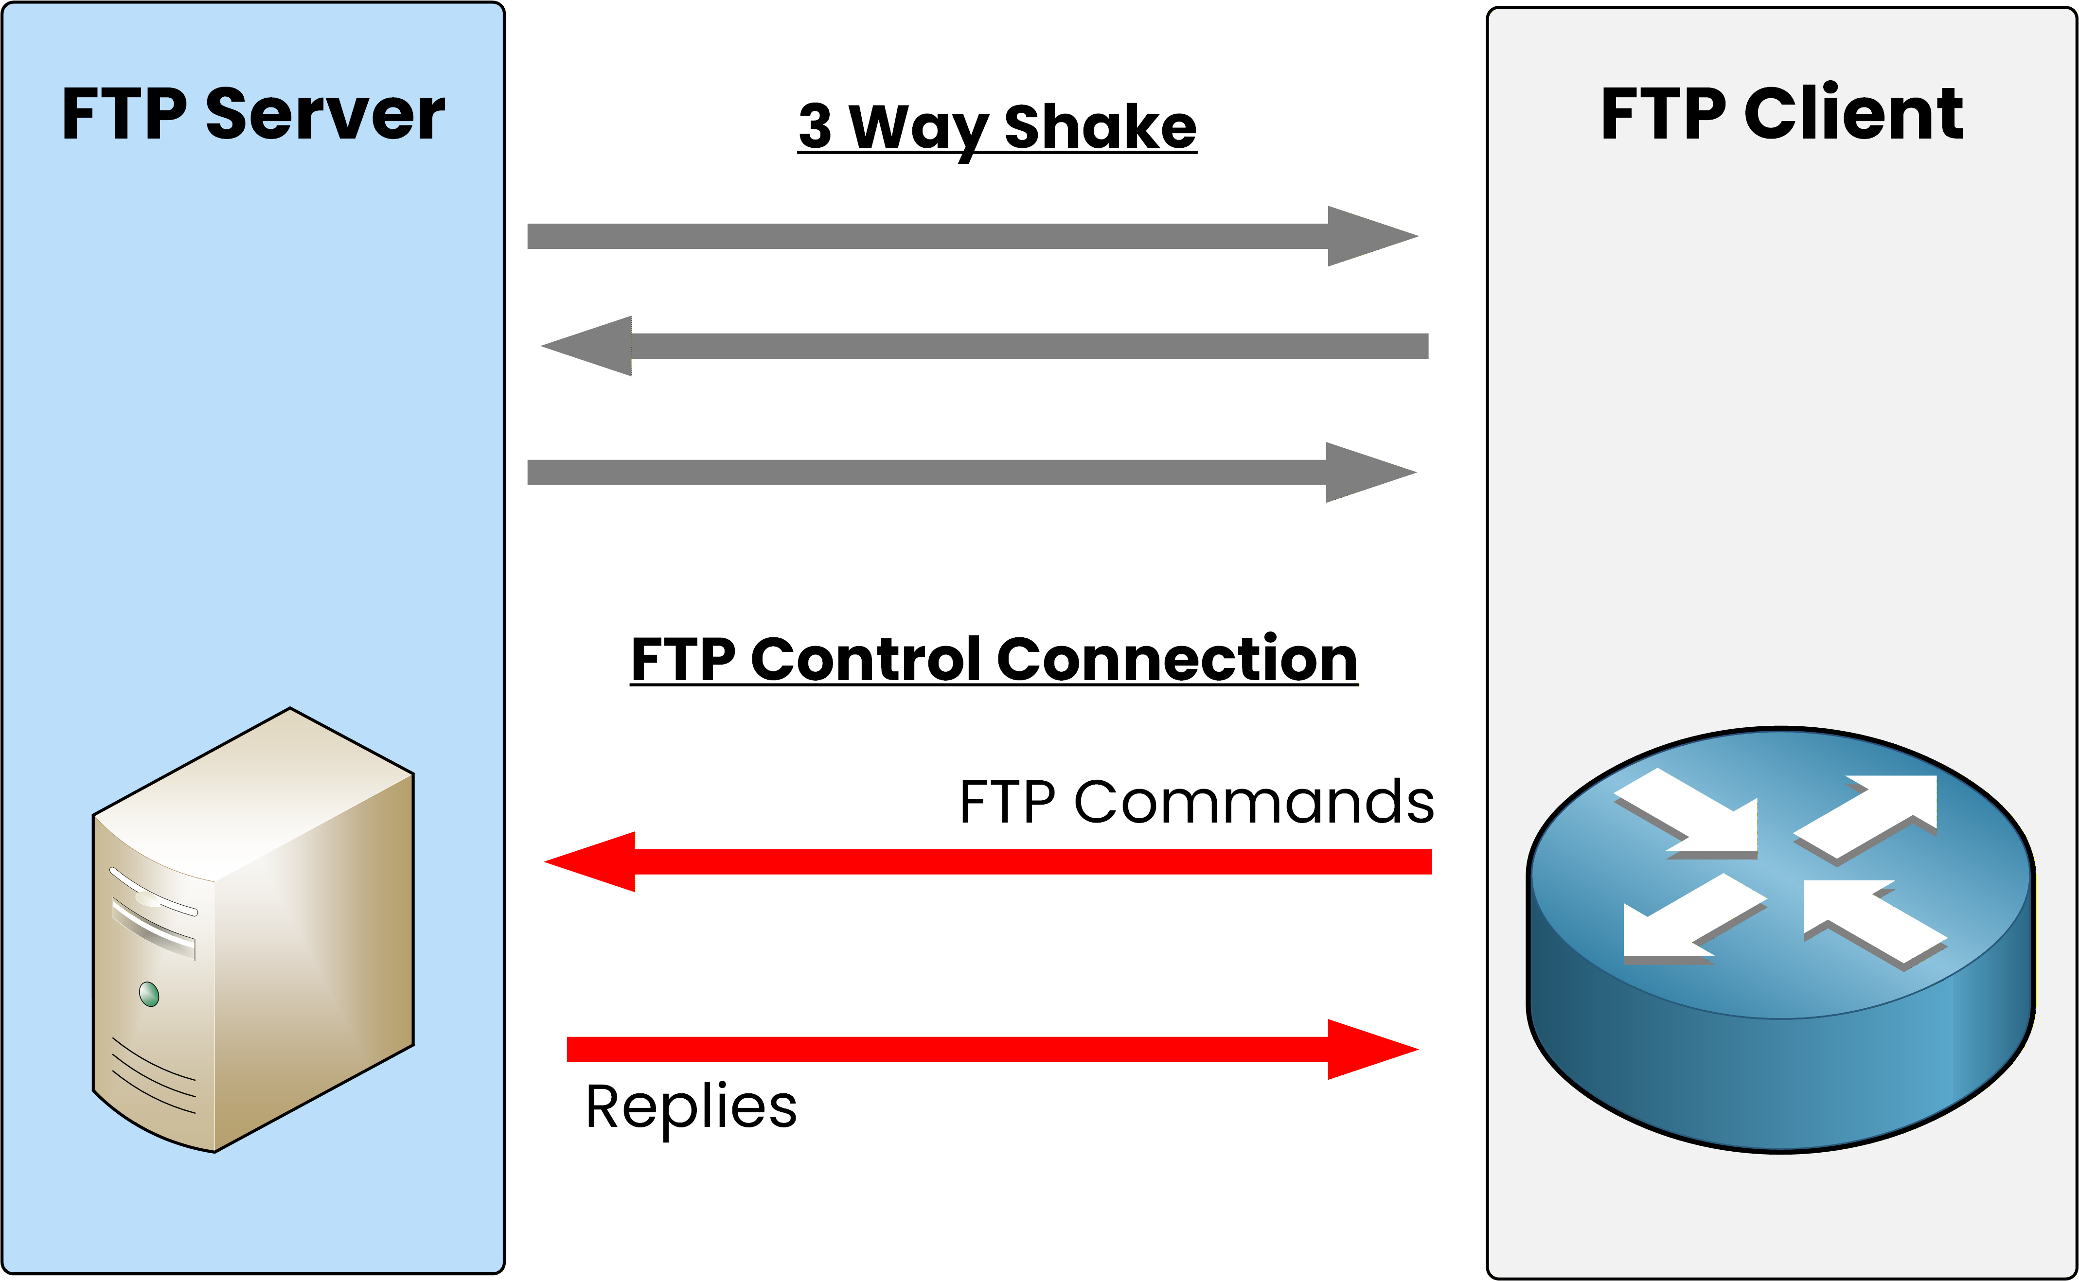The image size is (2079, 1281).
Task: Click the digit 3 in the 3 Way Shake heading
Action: click(815, 126)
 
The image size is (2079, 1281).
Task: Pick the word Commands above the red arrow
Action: click(1254, 802)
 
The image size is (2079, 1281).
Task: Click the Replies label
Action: click(691, 1106)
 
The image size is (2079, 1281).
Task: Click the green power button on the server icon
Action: click(149, 994)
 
